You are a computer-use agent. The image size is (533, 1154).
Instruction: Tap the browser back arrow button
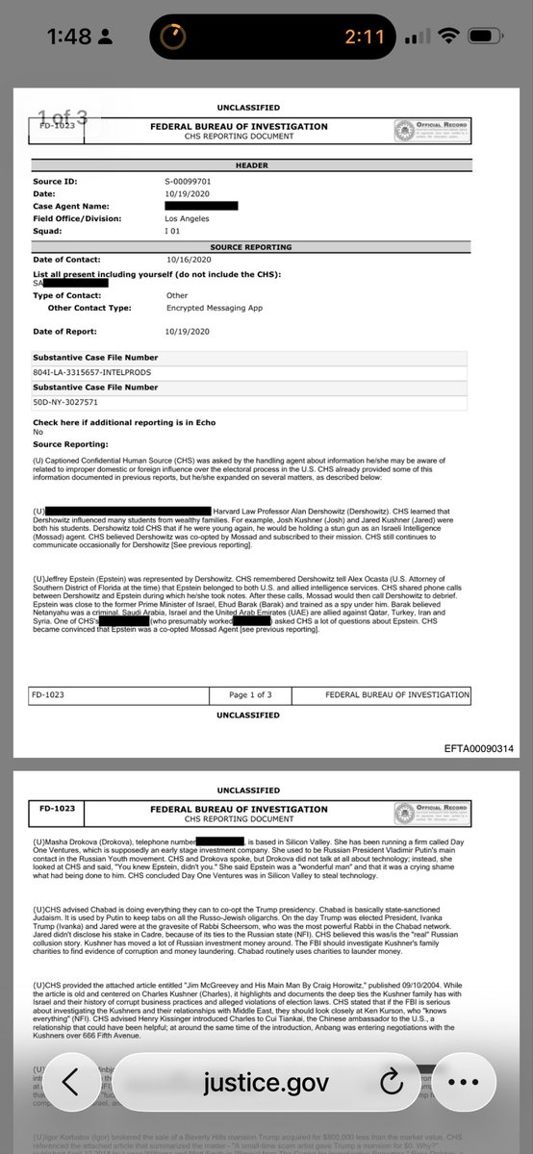pos(70,1109)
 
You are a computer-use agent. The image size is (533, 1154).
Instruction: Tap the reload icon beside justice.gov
pos(391,1109)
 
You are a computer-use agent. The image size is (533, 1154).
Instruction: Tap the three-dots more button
pos(463,1109)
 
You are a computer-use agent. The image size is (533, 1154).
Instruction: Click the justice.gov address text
pos(266,1109)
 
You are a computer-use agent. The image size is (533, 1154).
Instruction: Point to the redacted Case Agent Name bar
pos(201,206)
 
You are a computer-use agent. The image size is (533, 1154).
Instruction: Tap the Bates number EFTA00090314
pos(479,748)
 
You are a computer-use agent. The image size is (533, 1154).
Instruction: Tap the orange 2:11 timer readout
pos(366,38)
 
